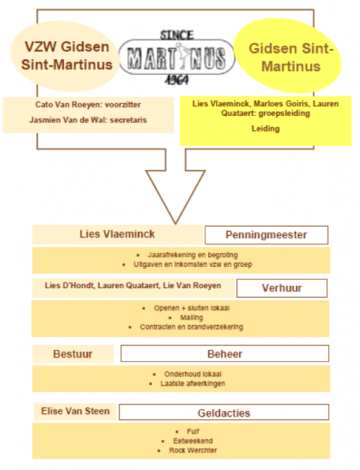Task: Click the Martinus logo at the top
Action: (177, 58)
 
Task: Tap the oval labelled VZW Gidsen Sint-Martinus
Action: (65, 56)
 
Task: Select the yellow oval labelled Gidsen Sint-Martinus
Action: (288, 56)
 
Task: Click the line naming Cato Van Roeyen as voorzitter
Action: (88, 104)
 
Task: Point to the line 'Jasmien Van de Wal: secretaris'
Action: (88, 120)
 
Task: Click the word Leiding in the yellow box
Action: (266, 129)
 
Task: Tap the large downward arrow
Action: (176, 186)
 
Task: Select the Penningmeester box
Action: (266, 235)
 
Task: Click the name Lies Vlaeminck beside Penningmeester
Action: (117, 234)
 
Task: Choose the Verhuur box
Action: (282, 288)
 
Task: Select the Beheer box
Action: (225, 353)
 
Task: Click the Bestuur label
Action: (73, 354)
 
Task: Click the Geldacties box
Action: (224, 412)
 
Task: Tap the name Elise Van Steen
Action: (75, 411)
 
